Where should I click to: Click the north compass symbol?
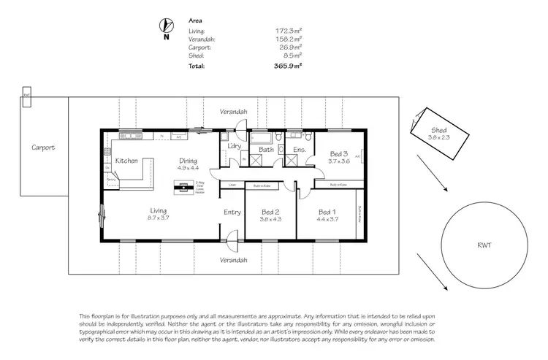pyautogui.click(x=166, y=26)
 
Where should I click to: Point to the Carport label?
pyautogui.click(x=43, y=147)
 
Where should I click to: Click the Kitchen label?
pyautogui.click(x=126, y=160)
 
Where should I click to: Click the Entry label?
pyautogui.click(x=232, y=212)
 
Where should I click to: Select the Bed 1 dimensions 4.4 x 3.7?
pyautogui.click(x=327, y=218)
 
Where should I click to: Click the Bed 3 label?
pyautogui.click(x=339, y=153)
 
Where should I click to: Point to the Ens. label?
pyautogui.click(x=299, y=150)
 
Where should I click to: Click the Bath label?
pyautogui.click(x=266, y=150)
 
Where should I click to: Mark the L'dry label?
pyautogui.click(x=235, y=147)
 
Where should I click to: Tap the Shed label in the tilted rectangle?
pyautogui.click(x=438, y=131)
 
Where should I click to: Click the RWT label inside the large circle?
pyautogui.click(x=485, y=245)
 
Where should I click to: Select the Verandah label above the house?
pyautogui.click(x=235, y=112)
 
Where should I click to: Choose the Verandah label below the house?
pyautogui.click(x=235, y=260)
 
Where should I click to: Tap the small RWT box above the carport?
pyautogui.click(x=27, y=95)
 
